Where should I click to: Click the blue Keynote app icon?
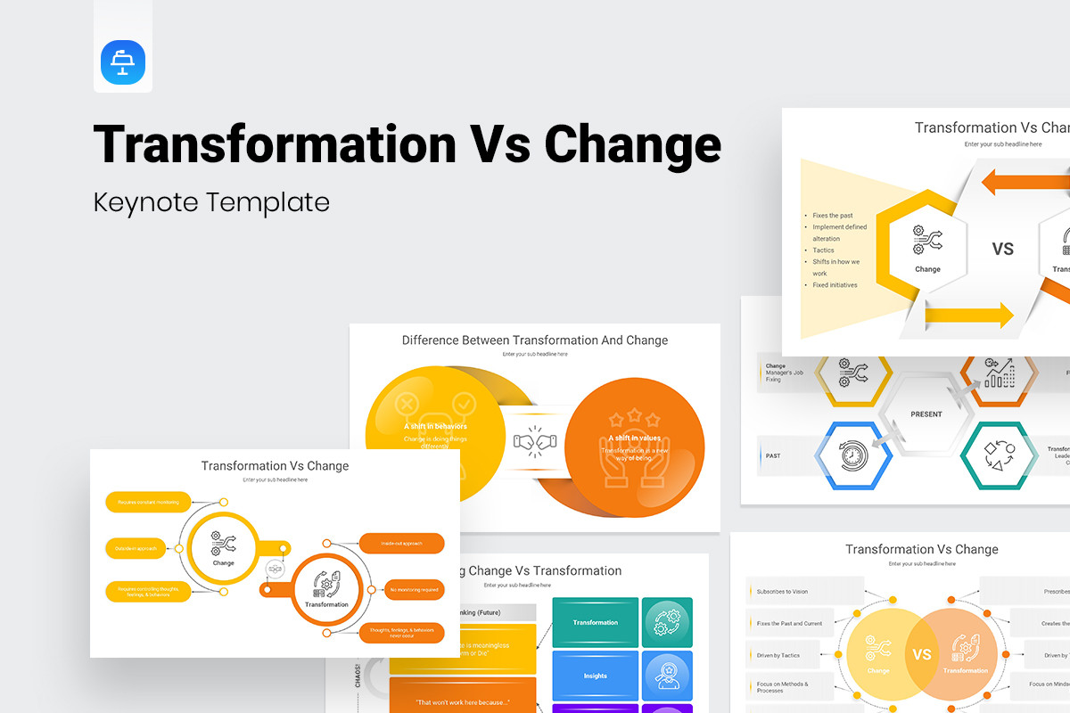click(x=123, y=62)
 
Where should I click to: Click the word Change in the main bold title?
click(x=633, y=144)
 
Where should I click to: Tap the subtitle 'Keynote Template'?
click(x=211, y=202)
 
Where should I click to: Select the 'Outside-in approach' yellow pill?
click(x=136, y=548)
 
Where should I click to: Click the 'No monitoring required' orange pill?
click(x=401, y=589)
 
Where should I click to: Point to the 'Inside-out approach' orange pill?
click(x=401, y=543)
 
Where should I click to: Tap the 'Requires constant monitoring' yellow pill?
click(x=148, y=503)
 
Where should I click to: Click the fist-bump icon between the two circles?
click(x=534, y=440)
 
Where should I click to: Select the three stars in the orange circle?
click(x=634, y=417)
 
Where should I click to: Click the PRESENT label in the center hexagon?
click(x=926, y=414)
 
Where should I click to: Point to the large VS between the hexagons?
click(x=1003, y=249)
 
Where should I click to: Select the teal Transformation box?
click(x=595, y=622)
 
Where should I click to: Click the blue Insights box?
click(x=595, y=676)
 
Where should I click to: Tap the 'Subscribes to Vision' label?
click(x=782, y=592)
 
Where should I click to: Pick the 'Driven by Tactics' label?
click(x=778, y=655)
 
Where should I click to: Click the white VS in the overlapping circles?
click(x=922, y=654)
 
